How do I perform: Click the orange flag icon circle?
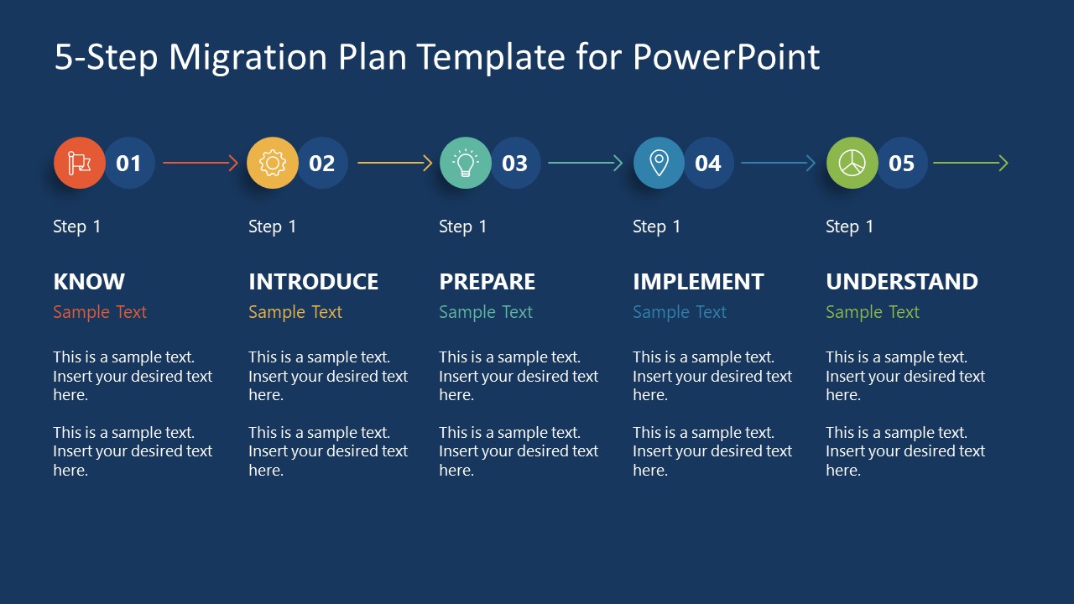(x=79, y=163)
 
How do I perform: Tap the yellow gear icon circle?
(x=273, y=163)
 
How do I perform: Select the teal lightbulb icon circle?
(x=466, y=163)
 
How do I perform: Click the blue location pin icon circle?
(x=659, y=163)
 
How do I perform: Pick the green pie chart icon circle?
(x=852, y=163)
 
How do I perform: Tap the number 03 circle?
(x=516, y=163)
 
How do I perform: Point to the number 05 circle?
(x=902, y=163)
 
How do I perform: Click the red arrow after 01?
(x=201, y=163)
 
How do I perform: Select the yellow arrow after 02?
(x=394, y=163)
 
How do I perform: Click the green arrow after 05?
(x=971, y=163)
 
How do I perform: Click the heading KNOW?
(x=89, y=281)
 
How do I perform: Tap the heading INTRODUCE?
(x=314, y=281)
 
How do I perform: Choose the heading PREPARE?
(x=487, y=281)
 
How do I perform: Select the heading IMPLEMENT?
(x=698, y=281)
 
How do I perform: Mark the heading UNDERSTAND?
(x=902, y=281)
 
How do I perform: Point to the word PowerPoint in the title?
(x=726, y=56)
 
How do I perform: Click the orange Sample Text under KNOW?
(x=100, y=312)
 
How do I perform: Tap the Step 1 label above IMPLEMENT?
(x=656, y=226)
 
